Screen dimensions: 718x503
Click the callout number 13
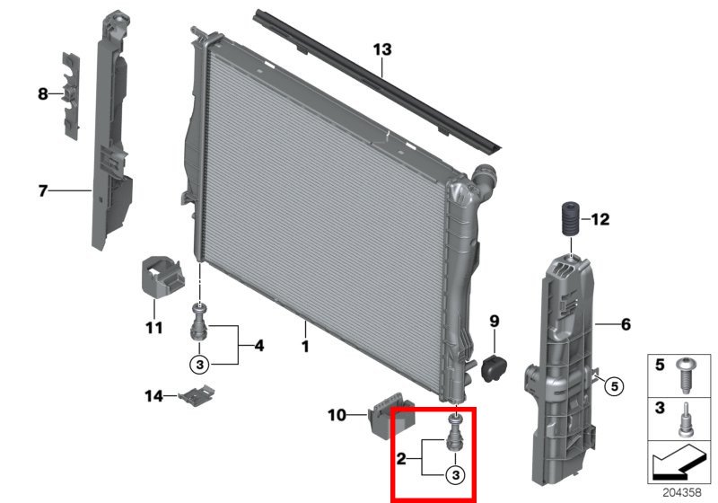pos(382,49)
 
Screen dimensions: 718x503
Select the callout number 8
pos(42,94)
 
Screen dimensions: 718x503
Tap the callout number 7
pos(42,190)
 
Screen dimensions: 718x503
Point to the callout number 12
pos(600,219)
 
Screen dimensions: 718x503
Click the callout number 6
pos(626,324)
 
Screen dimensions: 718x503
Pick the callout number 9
pos(495,322)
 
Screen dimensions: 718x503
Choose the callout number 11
pos(153,328)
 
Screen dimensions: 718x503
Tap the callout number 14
pos(153,396)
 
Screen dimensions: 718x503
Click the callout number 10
pos(337,416)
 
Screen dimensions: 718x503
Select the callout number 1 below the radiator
pos(305,346)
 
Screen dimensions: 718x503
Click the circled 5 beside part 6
pos(614,386)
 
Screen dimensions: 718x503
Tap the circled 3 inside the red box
pos(455,474)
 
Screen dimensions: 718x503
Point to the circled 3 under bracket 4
pos(199,365)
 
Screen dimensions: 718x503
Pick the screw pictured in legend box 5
pos(686,375)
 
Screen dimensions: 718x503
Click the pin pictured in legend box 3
pos(685,419)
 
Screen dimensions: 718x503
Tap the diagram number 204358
pos(682,492)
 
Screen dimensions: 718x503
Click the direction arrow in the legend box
pos(679,462)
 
